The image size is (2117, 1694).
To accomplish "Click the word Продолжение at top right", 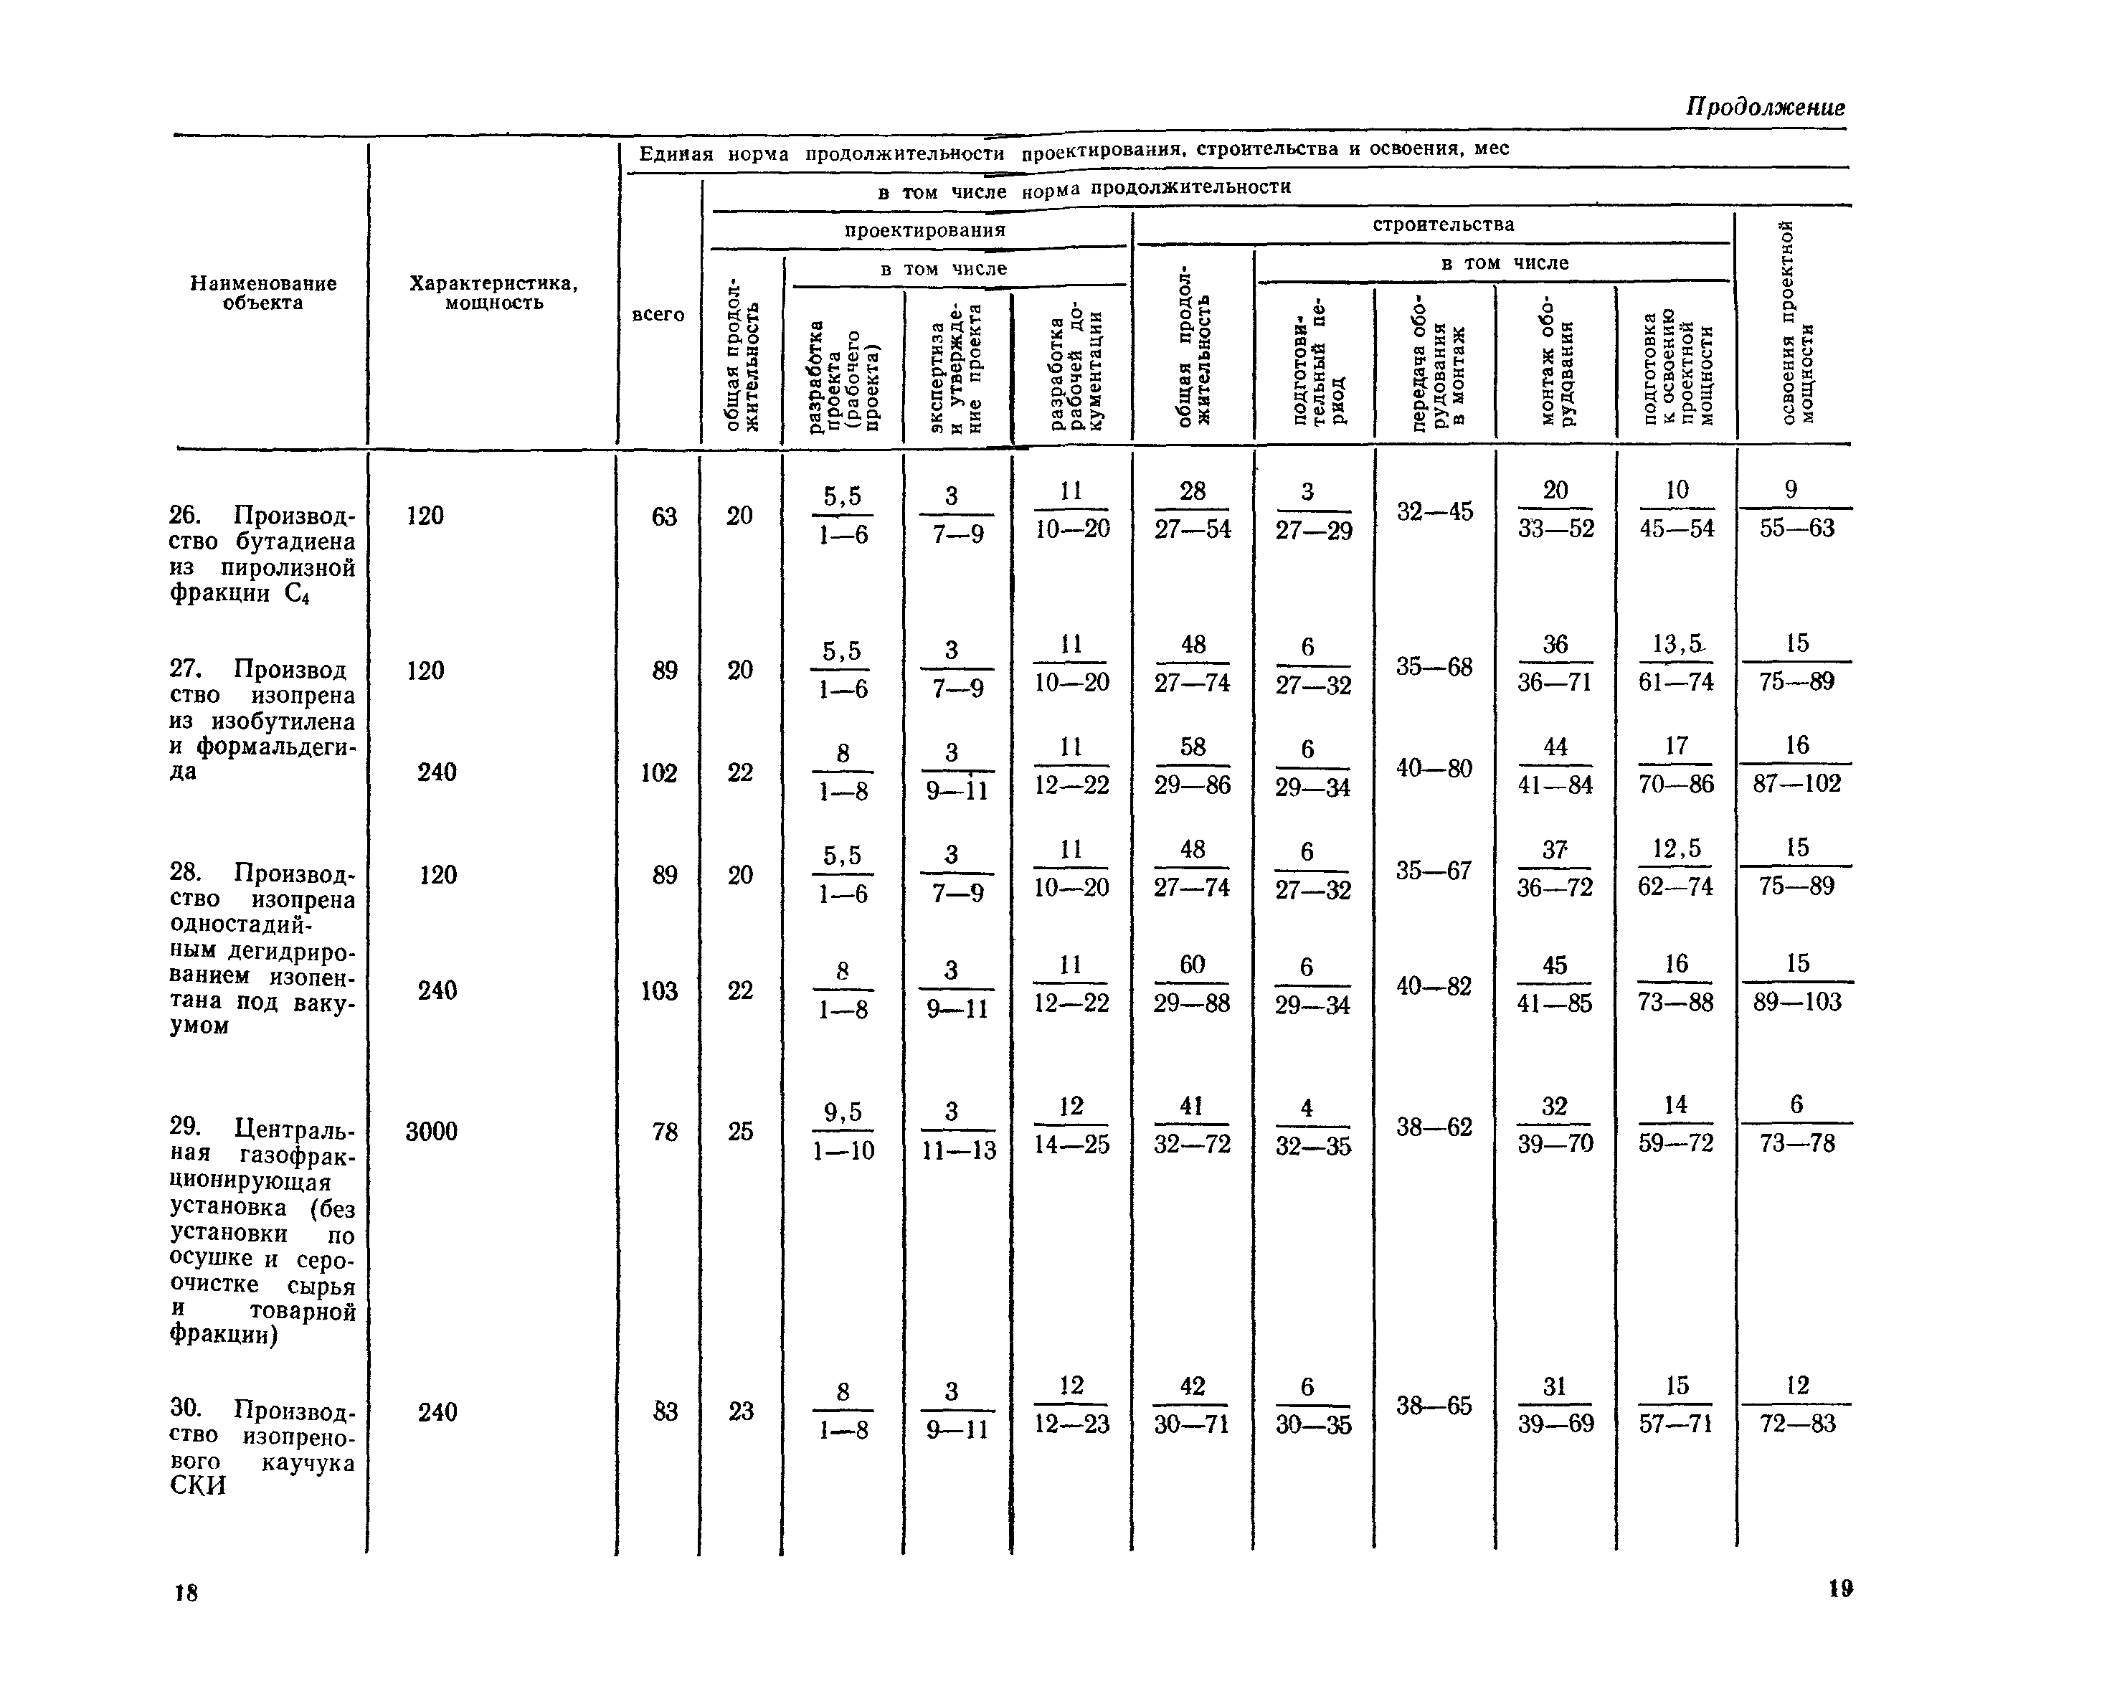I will point(1764,107).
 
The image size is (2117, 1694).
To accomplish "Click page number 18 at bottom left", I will point(186,1592).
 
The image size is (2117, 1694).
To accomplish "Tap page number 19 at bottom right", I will point(1840,1588).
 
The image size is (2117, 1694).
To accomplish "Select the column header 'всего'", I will point(658,314).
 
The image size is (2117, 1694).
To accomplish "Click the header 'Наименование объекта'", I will point(263,293).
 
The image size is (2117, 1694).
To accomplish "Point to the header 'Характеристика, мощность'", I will point(493,293).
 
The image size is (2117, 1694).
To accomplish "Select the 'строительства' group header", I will point(1442,224).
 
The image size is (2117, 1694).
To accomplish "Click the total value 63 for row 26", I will point(665,516).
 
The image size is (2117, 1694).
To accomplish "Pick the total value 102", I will point(659,774).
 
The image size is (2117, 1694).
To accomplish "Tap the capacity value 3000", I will point(432,1131).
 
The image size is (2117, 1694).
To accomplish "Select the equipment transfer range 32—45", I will point(1434,511).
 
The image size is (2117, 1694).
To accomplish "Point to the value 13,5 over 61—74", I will point(1676,644).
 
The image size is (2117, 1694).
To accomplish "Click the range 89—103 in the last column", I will point(1797,1003).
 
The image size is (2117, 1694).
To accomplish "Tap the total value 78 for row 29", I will point(665,1132).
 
